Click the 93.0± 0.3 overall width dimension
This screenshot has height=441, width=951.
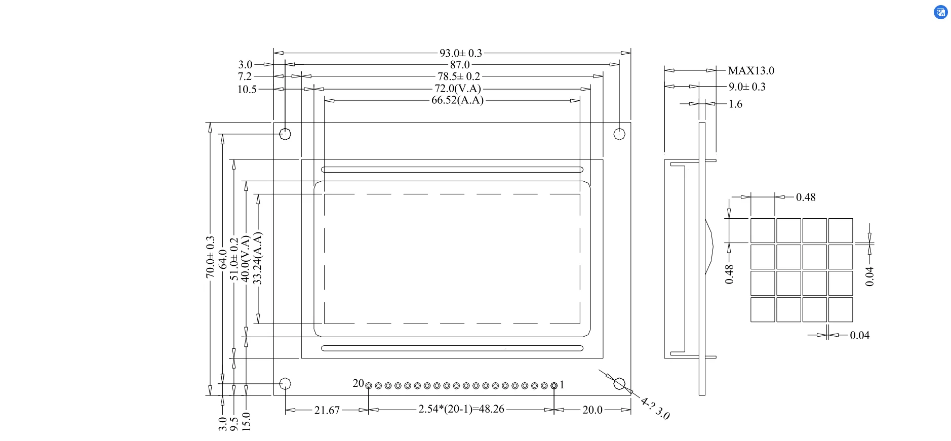460,53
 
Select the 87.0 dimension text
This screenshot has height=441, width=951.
460,65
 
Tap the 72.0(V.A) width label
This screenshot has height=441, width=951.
458,89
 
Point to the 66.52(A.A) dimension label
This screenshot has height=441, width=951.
457,100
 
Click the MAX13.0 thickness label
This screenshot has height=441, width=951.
751,71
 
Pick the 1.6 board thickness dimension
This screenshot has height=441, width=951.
735,104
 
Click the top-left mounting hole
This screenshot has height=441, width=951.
286,134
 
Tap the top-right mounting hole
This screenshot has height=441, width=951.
619,134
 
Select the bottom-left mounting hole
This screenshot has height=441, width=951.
286,384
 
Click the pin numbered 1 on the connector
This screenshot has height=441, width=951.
554,386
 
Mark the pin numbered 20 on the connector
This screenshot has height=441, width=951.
369,386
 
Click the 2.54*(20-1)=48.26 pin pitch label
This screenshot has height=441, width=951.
461,409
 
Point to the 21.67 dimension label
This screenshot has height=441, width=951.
327,410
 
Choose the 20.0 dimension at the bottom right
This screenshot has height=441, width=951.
592,410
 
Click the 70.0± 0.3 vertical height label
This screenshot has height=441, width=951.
210,257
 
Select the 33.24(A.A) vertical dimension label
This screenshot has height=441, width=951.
257,258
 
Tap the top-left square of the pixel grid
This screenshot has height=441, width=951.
763,230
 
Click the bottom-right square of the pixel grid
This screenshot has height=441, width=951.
841,309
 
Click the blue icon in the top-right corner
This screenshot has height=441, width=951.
940,12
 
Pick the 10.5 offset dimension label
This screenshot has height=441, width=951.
247,90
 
